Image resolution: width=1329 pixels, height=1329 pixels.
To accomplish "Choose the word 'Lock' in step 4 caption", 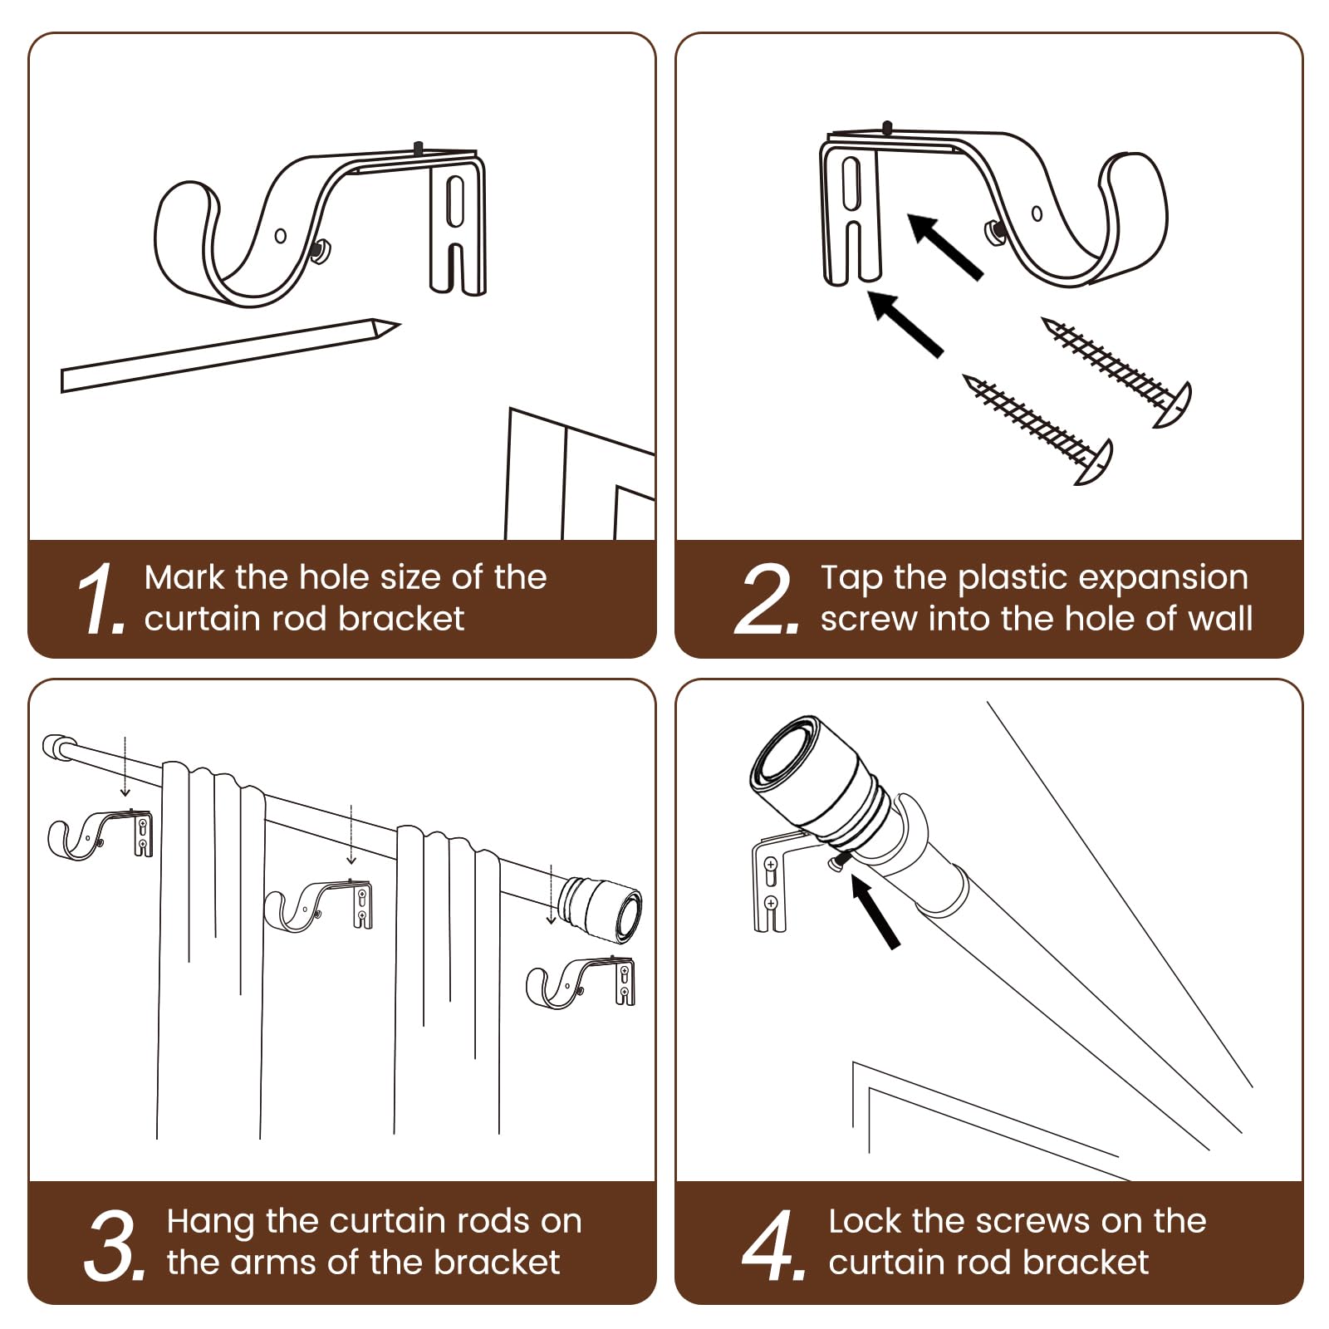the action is pos(865,1221).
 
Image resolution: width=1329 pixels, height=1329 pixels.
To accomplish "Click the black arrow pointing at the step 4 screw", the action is pos(875,913).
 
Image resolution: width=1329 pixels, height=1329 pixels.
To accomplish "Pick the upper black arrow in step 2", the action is pos(945,246).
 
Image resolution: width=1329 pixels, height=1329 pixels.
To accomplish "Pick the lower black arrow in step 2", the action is pos(905,324).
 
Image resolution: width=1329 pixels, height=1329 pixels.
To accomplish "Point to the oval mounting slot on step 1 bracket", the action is pos(455,200).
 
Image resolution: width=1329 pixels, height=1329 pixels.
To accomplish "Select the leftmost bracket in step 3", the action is pos(100,835).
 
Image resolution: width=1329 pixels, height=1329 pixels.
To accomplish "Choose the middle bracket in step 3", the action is pos(319,905).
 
